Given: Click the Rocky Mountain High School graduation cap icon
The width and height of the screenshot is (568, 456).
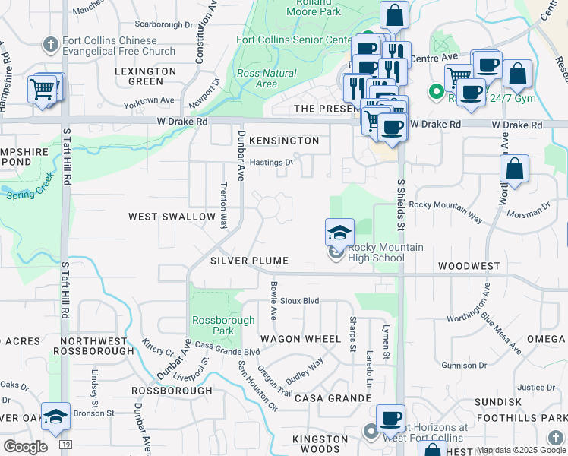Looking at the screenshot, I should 339,232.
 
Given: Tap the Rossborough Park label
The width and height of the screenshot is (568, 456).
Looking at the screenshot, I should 212,325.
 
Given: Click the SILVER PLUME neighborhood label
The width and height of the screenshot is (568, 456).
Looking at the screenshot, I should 249,261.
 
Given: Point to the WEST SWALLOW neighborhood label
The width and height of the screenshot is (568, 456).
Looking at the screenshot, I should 172,217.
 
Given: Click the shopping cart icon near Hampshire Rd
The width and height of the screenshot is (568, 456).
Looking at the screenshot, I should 43,89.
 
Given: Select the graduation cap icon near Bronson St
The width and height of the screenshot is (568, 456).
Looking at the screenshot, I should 56,416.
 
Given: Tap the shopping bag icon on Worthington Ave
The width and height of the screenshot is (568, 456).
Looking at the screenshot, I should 514,169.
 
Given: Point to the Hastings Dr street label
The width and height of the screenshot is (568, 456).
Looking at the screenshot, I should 271,162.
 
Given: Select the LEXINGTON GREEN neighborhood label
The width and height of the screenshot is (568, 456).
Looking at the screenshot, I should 140,76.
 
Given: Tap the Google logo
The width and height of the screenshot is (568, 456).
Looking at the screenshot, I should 25,446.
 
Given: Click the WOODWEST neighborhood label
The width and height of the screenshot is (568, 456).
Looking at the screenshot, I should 469,267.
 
